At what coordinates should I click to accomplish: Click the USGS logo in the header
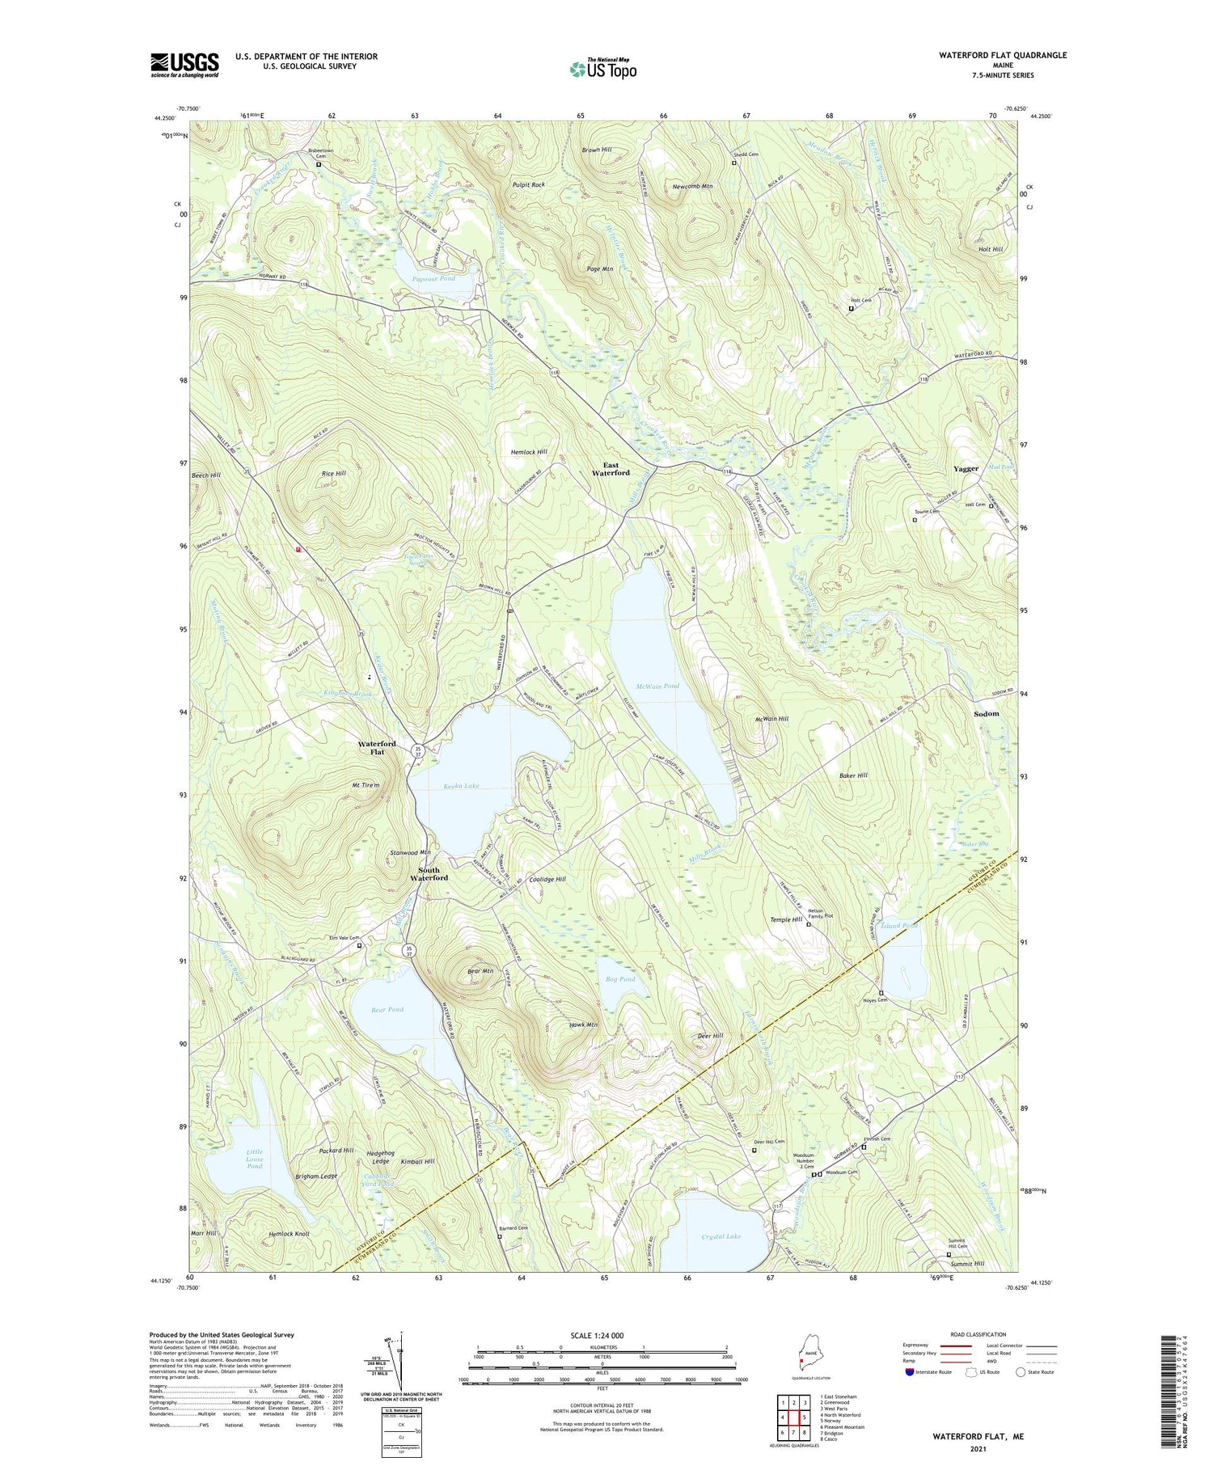[x=184, y=65]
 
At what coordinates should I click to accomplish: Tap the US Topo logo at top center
[x=602, y=69]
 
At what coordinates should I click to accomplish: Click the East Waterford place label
[x=611, y=469]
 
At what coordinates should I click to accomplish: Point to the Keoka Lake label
[x=461, y=786]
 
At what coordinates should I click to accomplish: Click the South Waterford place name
[x=429, y=873]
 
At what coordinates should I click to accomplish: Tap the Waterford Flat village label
[x=377, y=747]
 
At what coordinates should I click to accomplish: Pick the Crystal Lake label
[x=721, y=1236]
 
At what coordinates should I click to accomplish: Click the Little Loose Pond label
[x=255, y=1159]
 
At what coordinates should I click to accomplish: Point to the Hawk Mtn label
[x=583, y=1025]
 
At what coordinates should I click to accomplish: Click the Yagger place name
[x=966, y=469]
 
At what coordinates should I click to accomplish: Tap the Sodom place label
[x=986, y=714]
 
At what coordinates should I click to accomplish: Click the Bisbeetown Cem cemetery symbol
[x=319, y=164]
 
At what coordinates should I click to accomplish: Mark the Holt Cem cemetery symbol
[x=851, y=308]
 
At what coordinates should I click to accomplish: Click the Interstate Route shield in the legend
[x=910, y=1371]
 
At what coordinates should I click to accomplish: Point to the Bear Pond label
[x=387, y=1009]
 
